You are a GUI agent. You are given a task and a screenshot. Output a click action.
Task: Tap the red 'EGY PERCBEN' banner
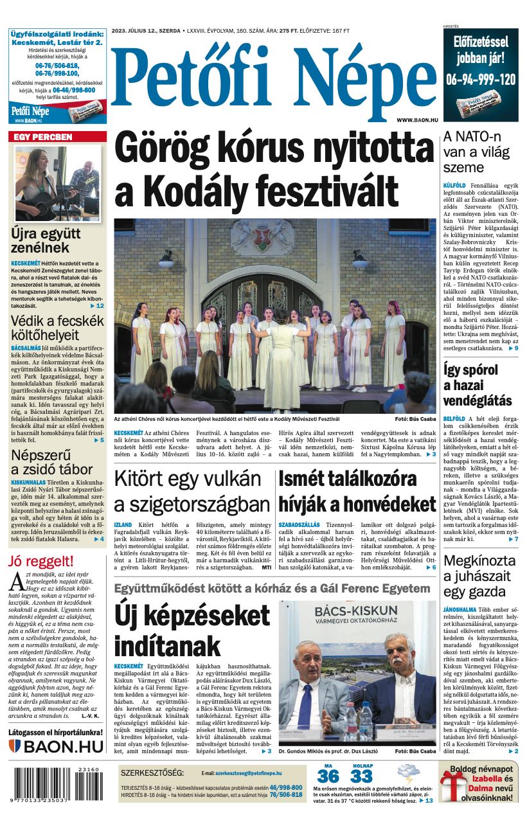(57, 137)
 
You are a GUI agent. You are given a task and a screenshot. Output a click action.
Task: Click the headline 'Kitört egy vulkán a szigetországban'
(191, 491)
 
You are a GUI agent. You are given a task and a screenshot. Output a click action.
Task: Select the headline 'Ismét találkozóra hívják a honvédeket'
(357, 491)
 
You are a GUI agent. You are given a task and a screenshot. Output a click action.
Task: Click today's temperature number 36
(328, 776)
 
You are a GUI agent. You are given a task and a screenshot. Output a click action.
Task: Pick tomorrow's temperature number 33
(362, 776)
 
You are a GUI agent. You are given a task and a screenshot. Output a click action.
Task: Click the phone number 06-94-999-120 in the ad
(481, 79)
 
